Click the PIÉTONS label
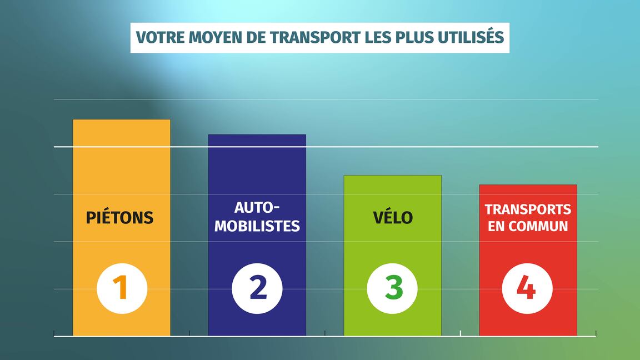pyautogui.click(x=119, y=217)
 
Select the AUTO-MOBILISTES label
pyautogui.click(x=257, y=217)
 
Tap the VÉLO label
pyautogui.click(x=393, y=217)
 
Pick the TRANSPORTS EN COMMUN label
pyautogui.click(x=528, y=217)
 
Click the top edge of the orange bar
pyautogui.click(x=122, y=119)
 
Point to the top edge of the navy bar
pyautogui.click(x=257, y=134)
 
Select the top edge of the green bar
pyautogui.click(x=393, y=176)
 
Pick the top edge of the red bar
pyautogui.click(x=528, y=185)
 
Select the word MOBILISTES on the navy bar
pyautogui.click(x=257, y=226)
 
